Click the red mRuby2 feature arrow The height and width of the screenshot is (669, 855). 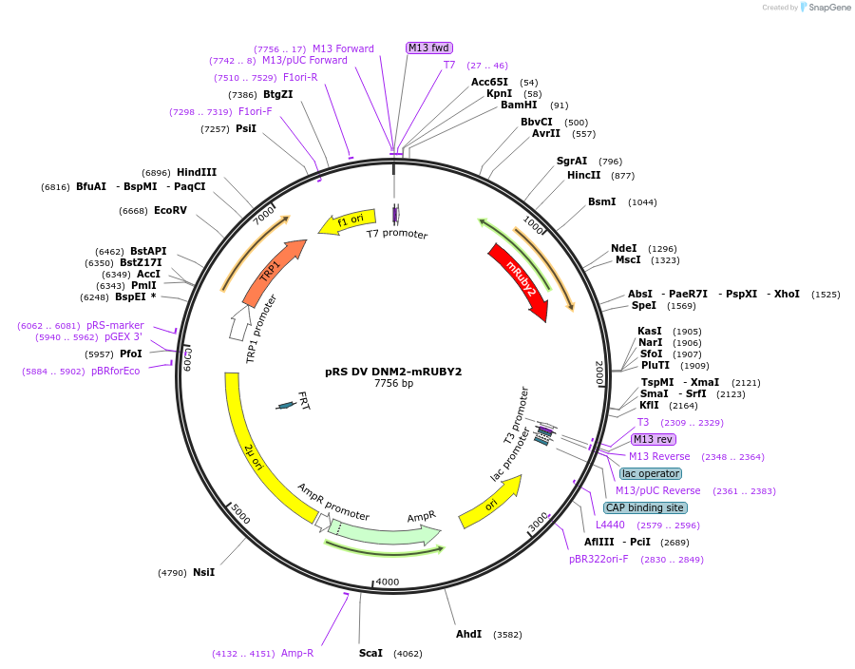pos(519,281)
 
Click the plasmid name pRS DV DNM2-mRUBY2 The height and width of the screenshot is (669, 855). pos(393,372)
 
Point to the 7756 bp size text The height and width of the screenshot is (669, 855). pos(393,384)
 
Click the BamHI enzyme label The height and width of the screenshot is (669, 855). pos(519,105)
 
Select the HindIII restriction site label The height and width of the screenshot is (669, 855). pos(197,173)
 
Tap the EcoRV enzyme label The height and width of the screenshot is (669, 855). pos(170,210)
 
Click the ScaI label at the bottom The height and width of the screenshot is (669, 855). pos(370,654)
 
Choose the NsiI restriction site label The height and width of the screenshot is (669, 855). pos(203,572)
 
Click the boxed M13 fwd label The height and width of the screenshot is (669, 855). pos(429,48)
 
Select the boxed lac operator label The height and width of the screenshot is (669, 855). pos(651,473)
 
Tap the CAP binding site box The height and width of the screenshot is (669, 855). pos(645,507)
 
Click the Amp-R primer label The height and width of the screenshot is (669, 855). pos(297,654)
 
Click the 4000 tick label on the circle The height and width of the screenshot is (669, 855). pos(388,582)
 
